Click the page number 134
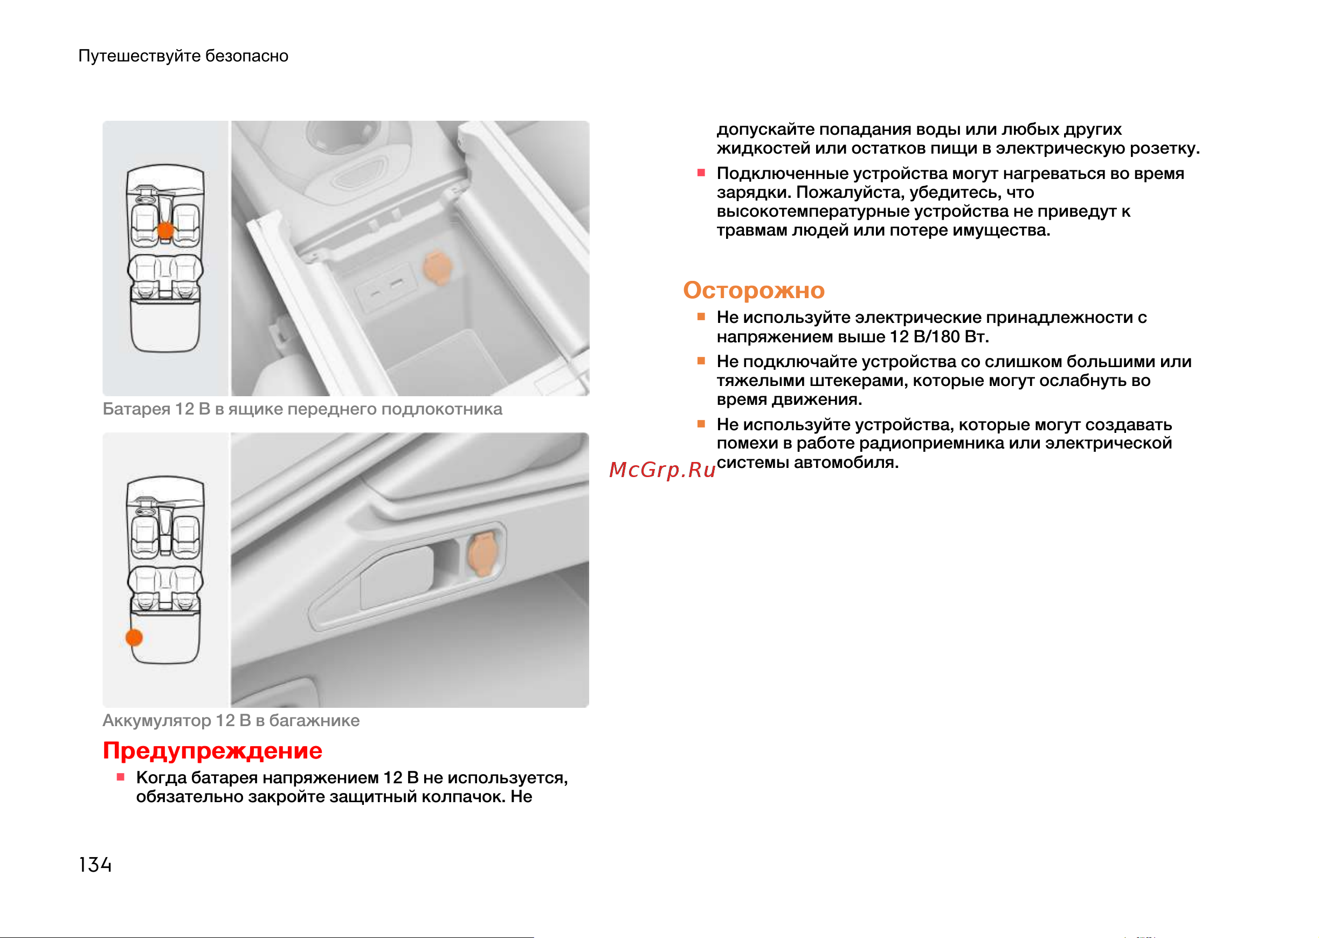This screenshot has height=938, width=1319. point(95,865)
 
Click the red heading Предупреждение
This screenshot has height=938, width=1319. point(212,751)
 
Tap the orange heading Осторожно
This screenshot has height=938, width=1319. point(754,290)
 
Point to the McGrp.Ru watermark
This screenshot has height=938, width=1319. point(662,470)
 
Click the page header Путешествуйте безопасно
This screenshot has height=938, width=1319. point(184,56)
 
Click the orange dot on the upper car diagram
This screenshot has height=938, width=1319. point(165,231)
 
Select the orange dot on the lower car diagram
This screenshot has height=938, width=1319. point(134,638)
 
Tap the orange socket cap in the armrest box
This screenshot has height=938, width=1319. point(438,267)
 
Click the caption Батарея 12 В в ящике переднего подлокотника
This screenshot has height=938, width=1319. point(302,409)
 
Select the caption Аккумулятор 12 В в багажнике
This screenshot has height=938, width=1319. point(231,720)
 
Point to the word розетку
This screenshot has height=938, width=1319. point(1164,148)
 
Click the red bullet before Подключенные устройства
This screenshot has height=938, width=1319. point(701,173)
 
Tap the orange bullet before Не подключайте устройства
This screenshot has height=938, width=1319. point(701,361)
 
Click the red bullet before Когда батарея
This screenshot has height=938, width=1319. point(121,777)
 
